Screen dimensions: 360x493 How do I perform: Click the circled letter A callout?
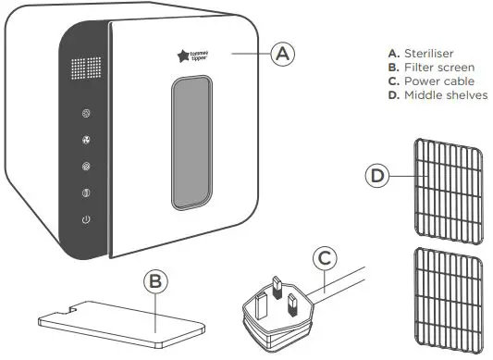284,54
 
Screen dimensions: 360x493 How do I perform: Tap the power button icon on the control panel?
86,220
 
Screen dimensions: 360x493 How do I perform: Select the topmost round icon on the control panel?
86,115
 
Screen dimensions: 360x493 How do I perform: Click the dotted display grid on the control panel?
85,69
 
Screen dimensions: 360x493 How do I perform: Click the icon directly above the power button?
86,193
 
